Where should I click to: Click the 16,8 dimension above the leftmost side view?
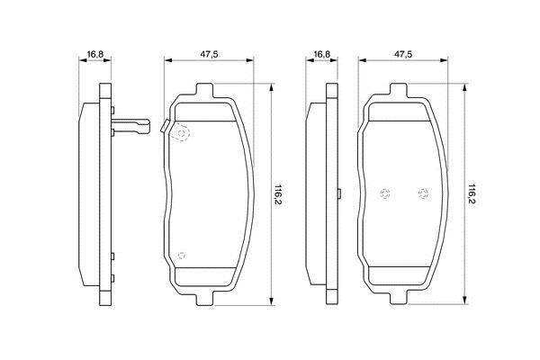[x=95, y=54]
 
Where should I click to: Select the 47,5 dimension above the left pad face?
[x=209, y=54]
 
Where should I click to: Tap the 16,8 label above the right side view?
[x=321, y=54]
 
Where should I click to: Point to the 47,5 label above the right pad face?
[x=403, y=54]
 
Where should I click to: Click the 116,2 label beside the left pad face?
[x=278, y=194]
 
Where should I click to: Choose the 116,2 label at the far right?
[x=472, y=194]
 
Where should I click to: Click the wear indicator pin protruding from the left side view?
[x=130, y=126]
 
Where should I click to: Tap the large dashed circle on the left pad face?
[x=182, y=133]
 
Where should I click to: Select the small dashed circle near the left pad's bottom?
[x=182, y=256]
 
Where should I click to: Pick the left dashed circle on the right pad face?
[x=384, y=193]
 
